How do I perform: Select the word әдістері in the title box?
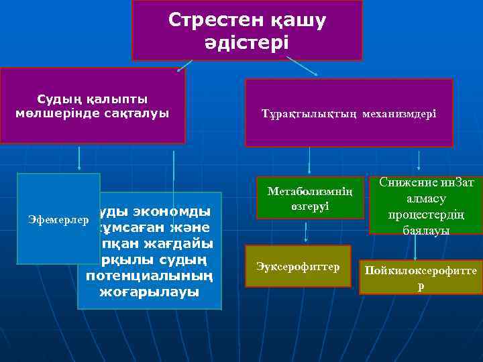tap(247, 44)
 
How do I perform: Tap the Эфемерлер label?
tap(58, 219)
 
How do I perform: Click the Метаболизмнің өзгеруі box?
tap(309, 198)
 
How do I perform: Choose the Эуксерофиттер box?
tap(298, 267)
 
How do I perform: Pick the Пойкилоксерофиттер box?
tap(421, 277)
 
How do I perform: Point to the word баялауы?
tap(426, 230)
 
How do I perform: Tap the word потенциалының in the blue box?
tap(149, 276)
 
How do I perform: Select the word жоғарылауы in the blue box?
tap(149, 292)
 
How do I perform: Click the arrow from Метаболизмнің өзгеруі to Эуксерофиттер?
tap(306, 232)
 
